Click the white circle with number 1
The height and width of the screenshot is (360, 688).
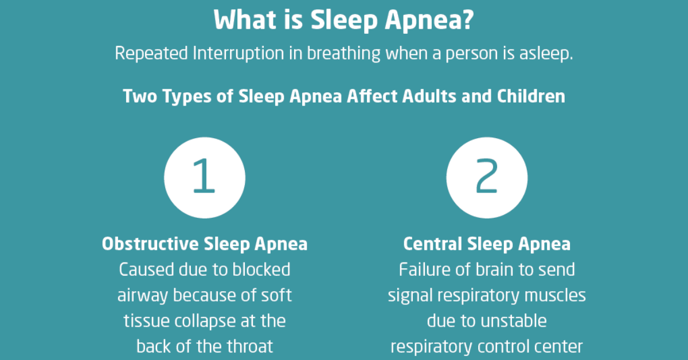[x=205, y=178]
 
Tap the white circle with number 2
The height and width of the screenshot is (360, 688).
[x=487, y=178]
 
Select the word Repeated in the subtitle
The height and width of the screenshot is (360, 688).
[x=151, y=53]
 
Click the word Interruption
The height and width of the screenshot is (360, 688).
[x=239, y=54]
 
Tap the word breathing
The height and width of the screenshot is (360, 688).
[x=343, y=54]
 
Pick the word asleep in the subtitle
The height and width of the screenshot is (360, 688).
[x=546, y=54]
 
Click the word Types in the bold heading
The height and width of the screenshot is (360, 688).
[x=187, y=97]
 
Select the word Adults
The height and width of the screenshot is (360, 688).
[x=429, y=96]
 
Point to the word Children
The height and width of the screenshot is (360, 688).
[x=531, y=96]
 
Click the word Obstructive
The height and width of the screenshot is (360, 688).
[x=150, y=244]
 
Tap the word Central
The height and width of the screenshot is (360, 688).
[x=433, y=244]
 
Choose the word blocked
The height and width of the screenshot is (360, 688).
[x=261, y=269]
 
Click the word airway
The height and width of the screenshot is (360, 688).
[x=142, y=296]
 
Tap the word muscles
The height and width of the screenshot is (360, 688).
[x=555, y=295]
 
